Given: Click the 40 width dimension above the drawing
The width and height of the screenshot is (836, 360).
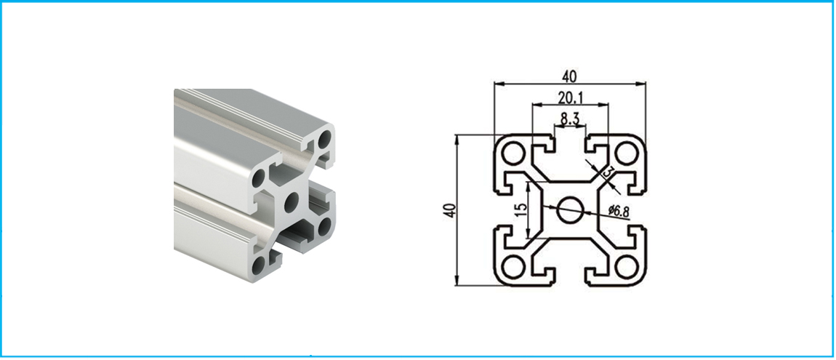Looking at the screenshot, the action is click(x=569, y=77).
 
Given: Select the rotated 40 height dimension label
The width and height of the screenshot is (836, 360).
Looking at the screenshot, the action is click(x=451, y=210).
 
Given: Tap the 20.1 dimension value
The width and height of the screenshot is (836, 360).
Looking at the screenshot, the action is click(x=571, y=97).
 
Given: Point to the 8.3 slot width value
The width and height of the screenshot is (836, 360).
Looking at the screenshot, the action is click(x=570, y=120).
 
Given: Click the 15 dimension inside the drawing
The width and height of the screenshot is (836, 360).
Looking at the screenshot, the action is click(x=521, y=209).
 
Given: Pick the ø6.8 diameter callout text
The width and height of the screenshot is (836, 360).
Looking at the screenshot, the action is click(x=619, y=212).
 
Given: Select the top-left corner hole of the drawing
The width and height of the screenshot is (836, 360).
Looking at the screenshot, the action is click(x=514, y=155).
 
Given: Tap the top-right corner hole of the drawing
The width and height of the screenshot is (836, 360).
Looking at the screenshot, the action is click(x=626, y=155).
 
